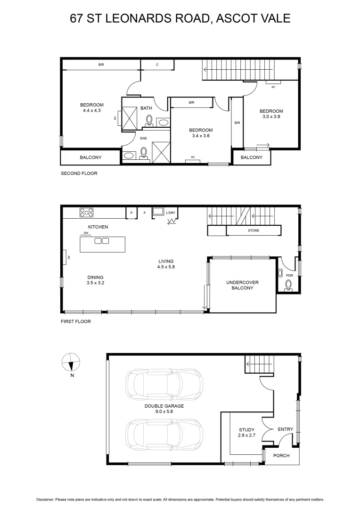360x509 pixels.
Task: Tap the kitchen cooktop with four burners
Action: (x=86, y=213)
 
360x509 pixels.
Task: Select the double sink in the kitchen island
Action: (x=102, y=241)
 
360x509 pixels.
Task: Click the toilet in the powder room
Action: (x=288, y=285)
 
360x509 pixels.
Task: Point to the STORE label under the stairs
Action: (x=254, y=231)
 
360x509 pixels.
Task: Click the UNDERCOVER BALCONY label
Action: (x=242, y=285)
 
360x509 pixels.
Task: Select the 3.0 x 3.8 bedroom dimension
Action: (x=271, y=117)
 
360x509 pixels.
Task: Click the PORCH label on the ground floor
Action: (x=281, y=456)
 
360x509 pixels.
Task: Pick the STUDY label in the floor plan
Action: (x=246, y=430)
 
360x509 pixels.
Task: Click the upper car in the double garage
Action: (x=164, y=382)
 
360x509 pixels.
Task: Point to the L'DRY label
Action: (x=171, y=213)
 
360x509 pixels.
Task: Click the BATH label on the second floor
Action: (x=146, y=108)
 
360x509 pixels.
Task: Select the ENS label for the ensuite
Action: (x=144, y=139)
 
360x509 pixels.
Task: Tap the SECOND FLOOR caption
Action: (x=79, y=173)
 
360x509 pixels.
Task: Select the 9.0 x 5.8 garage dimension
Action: (x=164, y=411)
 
